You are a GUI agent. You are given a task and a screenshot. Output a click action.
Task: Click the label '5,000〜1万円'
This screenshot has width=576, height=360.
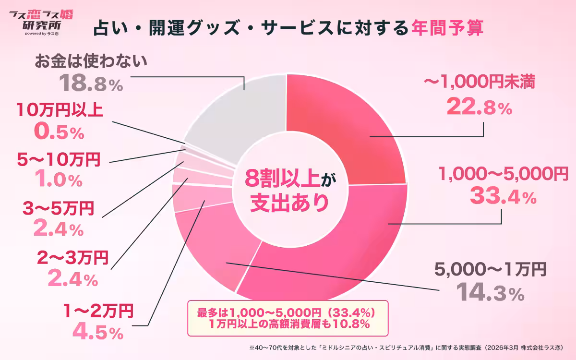pos(490,270)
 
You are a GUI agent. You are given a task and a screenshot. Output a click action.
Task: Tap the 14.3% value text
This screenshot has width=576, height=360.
pos(489,292)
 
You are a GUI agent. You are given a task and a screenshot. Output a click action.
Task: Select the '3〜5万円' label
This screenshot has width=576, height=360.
pos(58,209)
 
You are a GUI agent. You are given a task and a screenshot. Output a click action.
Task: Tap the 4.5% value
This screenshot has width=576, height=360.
pos(96,332)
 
